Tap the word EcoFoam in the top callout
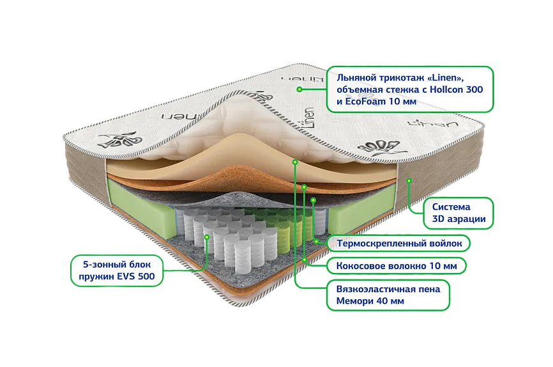361,102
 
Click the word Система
451,207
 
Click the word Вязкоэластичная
374,289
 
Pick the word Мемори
354,301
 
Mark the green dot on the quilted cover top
298,90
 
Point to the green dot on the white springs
208,237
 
